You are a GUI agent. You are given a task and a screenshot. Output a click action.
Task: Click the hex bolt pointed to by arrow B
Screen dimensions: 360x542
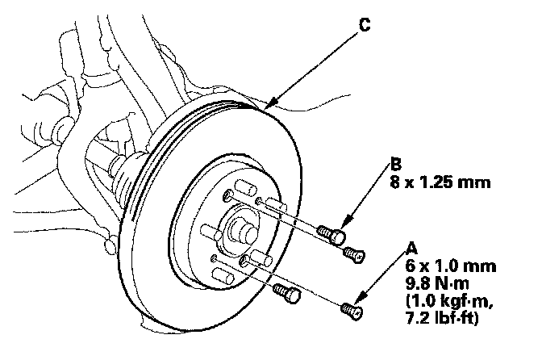coord(332,233)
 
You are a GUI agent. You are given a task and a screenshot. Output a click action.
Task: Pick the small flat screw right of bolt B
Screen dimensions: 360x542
coord(353,253)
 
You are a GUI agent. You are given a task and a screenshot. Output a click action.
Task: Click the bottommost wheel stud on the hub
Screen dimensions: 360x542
coord(218,274)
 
